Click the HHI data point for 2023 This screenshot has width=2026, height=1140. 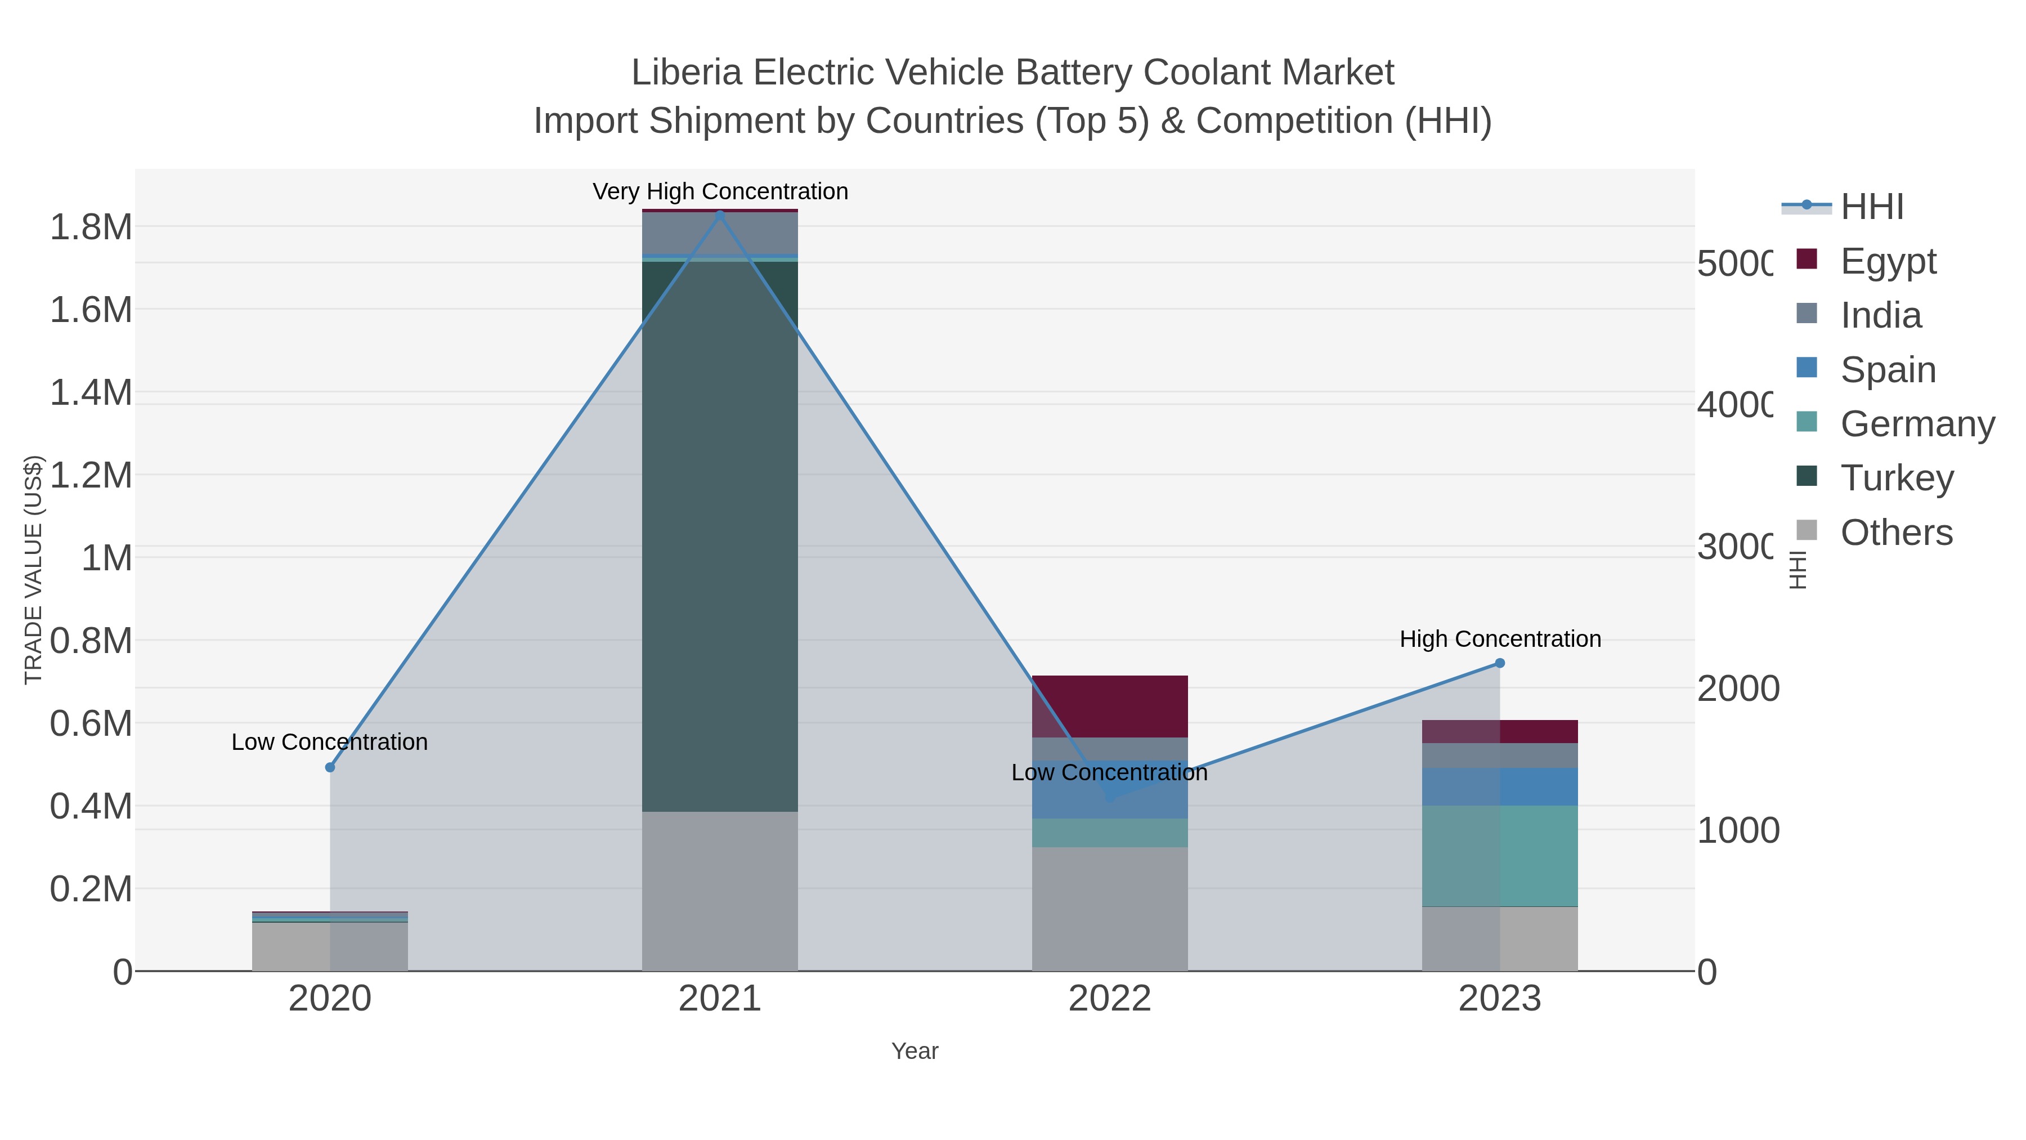1499,663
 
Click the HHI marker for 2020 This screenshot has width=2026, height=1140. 330,767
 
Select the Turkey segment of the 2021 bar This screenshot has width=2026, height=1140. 720,535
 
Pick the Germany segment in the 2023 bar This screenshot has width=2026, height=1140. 1499,855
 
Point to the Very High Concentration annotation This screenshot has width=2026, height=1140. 720,192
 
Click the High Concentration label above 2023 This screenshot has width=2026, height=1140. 1500,639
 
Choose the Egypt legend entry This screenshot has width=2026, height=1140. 1888,261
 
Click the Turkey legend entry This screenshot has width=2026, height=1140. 1896,477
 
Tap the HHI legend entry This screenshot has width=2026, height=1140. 1872,207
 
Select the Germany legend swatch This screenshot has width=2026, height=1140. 1807,422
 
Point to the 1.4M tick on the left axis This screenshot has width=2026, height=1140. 91,392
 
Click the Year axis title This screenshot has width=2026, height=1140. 915,1051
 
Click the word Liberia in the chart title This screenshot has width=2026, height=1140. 686,73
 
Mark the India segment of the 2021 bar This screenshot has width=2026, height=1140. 720,234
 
